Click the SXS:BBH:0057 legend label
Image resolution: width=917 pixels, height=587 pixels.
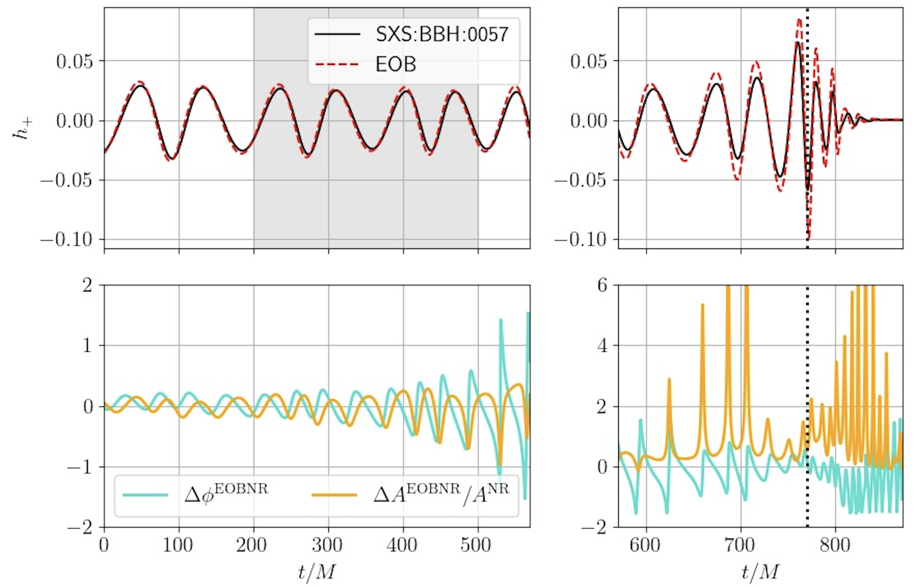click(442, 35)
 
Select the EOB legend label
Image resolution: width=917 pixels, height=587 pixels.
click(396, 64)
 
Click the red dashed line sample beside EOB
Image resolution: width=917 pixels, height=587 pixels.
click(337, 64)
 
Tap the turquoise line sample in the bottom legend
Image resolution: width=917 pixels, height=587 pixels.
click(145, 495)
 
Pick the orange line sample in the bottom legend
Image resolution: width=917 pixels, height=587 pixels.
click(334, 495)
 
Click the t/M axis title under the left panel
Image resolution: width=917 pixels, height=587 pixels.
click(317, 572)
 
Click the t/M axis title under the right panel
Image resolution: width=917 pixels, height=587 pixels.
click(760, 572)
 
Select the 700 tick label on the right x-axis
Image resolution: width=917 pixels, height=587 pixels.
click(740, 545)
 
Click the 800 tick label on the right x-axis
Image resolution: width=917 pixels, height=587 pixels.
click(835, 545)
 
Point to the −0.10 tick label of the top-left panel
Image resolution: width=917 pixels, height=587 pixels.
click(67, 240)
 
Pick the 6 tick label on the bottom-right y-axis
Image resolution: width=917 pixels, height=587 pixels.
click(602, 286)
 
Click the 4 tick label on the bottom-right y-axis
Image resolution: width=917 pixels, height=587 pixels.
click(602, 345)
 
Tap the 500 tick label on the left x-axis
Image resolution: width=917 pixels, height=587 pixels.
click(476, 545)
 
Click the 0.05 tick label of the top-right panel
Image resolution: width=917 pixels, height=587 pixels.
click(588, 61)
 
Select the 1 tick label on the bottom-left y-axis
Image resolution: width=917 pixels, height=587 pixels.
click(88, 345)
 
